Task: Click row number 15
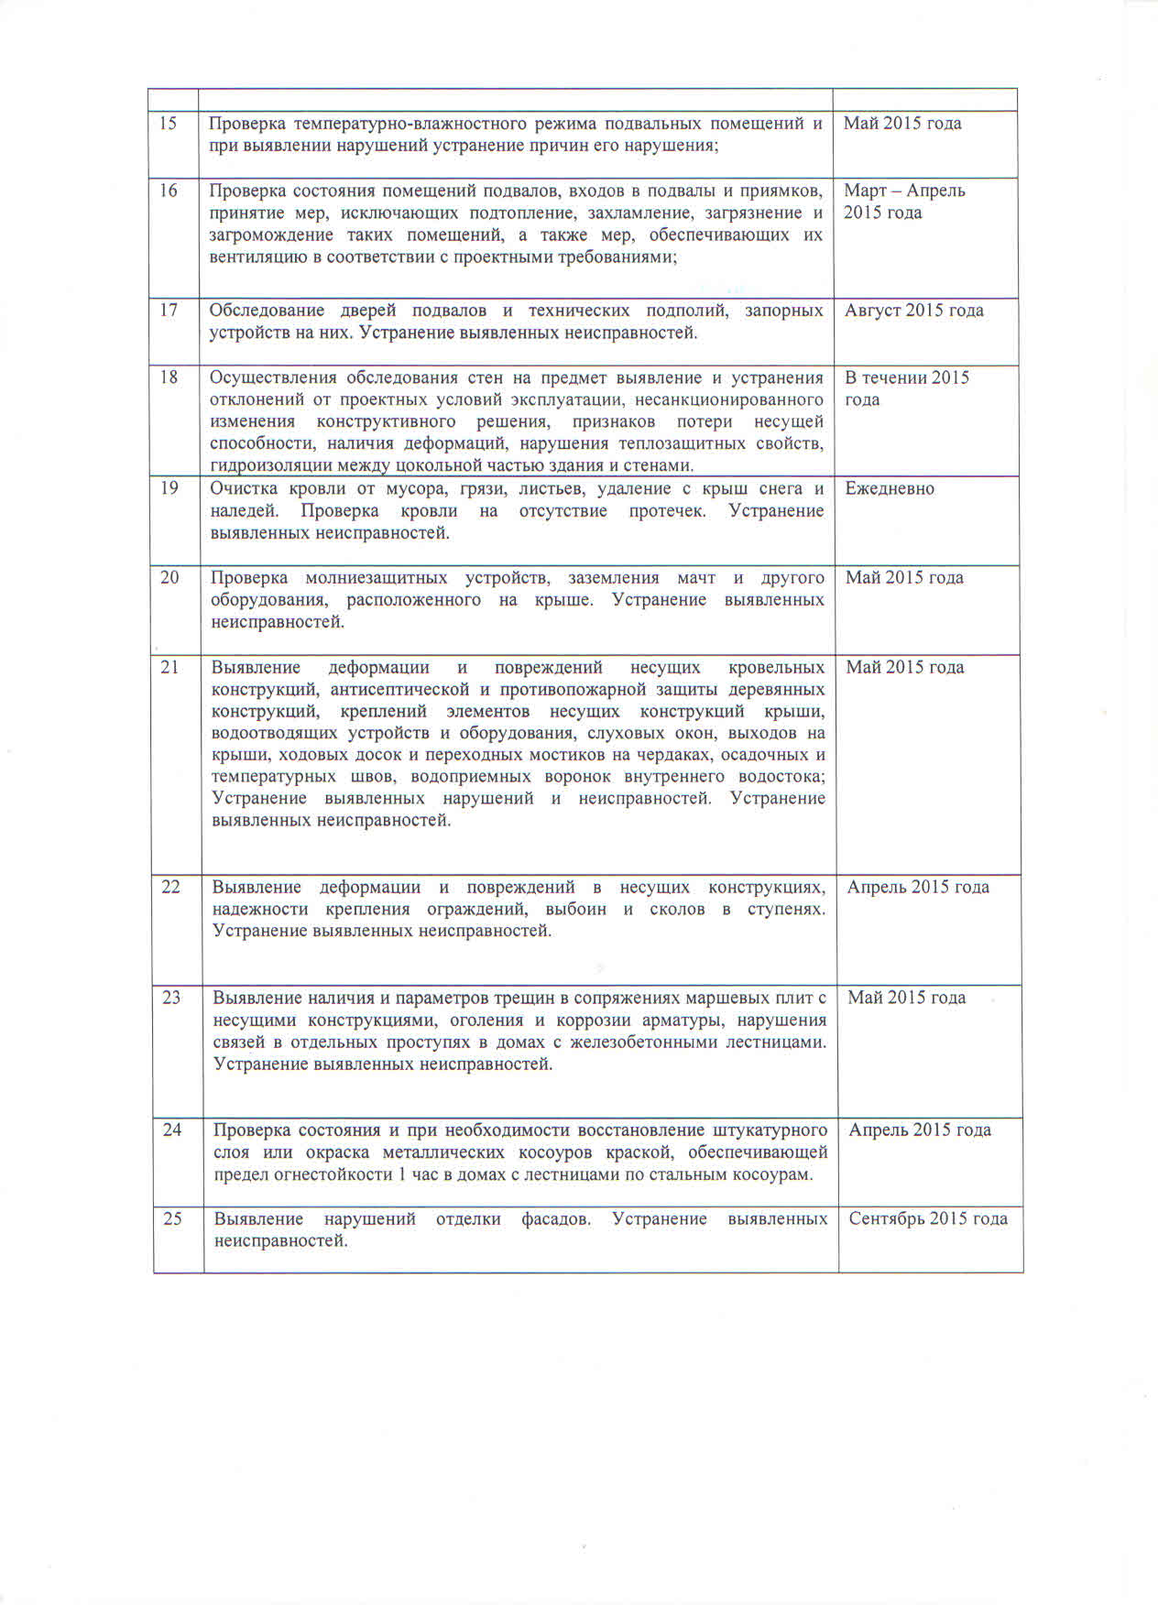[x=169, y=124]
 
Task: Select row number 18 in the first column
[x=169, y=377]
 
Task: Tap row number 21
[x=169, y=667]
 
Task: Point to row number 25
[x=172, y=1218]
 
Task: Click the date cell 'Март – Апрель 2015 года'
[x=904, y=202]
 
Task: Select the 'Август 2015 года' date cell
[x=913, y=311]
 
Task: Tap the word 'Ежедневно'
[x=890, y=489]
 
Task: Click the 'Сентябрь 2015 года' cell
[x=928, y=1218]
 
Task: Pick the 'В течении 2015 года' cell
[x=906, y=388]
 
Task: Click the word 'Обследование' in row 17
[x=267, y=311]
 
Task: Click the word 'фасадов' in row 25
[x=555, y=1218]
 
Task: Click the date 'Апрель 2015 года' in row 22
[x=918, y=887]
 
